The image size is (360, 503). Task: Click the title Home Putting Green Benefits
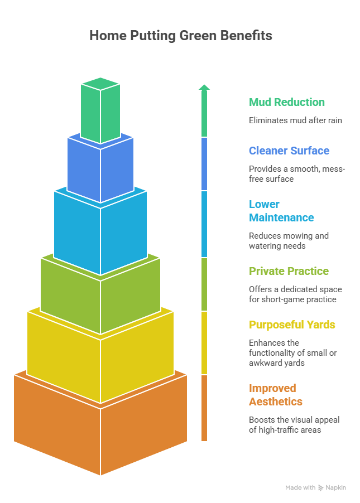(180, 36)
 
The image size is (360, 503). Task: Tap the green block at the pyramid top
(100, 112)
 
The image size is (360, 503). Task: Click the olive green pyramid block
(100, 296)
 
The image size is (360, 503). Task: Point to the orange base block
(100, 429)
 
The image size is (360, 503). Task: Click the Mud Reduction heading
(286, 102)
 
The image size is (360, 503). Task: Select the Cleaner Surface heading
(289, 151)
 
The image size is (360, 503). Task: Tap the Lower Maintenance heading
(281, 211)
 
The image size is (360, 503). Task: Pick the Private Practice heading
(289, 271)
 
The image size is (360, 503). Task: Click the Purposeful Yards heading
(292, 325)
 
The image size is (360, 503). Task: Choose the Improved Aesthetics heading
(276, 395)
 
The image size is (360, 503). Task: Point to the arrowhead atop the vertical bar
(204, 87)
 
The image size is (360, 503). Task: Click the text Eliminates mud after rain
(295, 120)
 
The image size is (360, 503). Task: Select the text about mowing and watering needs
(288, 241)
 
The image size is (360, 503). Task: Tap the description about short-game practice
(295, 294)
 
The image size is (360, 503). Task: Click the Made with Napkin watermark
(315, 487)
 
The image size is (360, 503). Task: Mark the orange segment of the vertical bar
(204, 408)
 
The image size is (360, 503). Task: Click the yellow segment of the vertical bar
(204, 342)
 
